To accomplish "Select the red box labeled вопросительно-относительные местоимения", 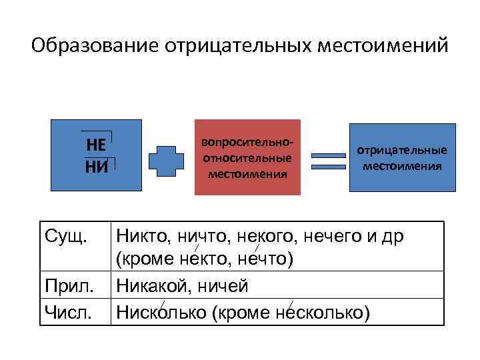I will pos(247,158).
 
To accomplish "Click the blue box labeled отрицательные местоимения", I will pos(401,158).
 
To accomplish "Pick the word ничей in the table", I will pos(221,287).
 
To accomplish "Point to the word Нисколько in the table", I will pos(160,311).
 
